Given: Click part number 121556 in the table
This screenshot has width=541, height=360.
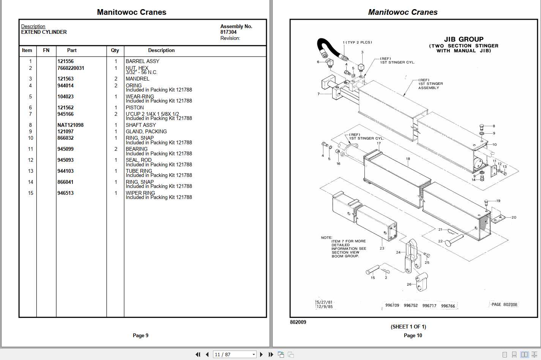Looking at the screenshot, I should pos(65,61).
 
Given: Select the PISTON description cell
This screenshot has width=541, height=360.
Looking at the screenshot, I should pos(134,107).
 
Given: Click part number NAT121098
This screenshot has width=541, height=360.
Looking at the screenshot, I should pos(70,125).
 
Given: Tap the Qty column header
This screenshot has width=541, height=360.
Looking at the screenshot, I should pos(115,50).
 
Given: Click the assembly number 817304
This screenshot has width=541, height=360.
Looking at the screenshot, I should pos(228,32).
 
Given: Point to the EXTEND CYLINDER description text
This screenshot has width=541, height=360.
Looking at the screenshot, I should pos(44,32).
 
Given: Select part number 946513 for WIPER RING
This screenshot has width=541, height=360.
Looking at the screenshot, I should pos(65,193).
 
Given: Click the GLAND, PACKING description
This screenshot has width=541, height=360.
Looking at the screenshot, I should pos(146,131).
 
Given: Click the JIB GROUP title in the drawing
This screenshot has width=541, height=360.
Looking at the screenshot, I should pos(464,39).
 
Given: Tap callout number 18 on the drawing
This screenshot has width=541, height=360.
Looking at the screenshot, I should pos(408,159).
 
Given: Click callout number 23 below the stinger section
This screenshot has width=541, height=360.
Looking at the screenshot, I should pos(382,248).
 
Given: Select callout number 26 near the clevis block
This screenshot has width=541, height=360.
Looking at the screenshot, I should pos(409,284).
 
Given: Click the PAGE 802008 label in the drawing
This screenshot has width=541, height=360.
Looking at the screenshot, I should pos(504,305).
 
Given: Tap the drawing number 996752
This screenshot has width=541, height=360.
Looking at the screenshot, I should pos(410,305).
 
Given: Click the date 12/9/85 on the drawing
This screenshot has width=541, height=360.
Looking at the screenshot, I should pos(325,306).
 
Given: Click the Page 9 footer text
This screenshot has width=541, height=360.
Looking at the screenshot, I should pos(140,335).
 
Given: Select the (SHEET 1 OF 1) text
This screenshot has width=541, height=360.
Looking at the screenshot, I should pos(408,327).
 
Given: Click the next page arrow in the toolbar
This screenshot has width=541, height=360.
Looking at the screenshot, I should pos(261,354).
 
